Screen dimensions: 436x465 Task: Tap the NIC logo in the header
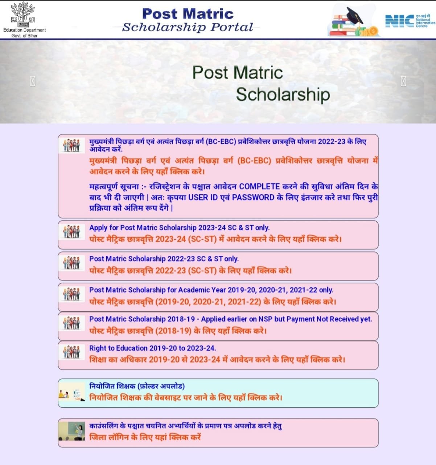click(409, 21)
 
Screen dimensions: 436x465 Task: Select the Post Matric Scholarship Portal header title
click(188, 20)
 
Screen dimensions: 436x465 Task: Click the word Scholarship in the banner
click(283, 94)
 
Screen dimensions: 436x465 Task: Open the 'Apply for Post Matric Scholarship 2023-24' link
click(179, 228)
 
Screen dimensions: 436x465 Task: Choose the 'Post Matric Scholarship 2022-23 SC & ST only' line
click(164, 259)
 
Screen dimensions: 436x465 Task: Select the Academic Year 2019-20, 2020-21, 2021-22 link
click(211, 290)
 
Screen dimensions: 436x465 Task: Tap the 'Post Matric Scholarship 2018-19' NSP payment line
click(230, 319)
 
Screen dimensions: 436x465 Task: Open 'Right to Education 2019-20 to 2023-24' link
click(152, 348)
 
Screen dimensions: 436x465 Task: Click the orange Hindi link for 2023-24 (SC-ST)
click(215, 239)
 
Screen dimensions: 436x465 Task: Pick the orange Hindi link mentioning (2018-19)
click(178, 331)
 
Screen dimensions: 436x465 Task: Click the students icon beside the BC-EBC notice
click(71, 145)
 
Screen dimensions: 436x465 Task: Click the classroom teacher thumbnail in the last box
click(71, 432)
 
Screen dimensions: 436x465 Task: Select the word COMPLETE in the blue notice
click(259, 187)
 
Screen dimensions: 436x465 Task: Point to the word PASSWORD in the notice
click(253, 198)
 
